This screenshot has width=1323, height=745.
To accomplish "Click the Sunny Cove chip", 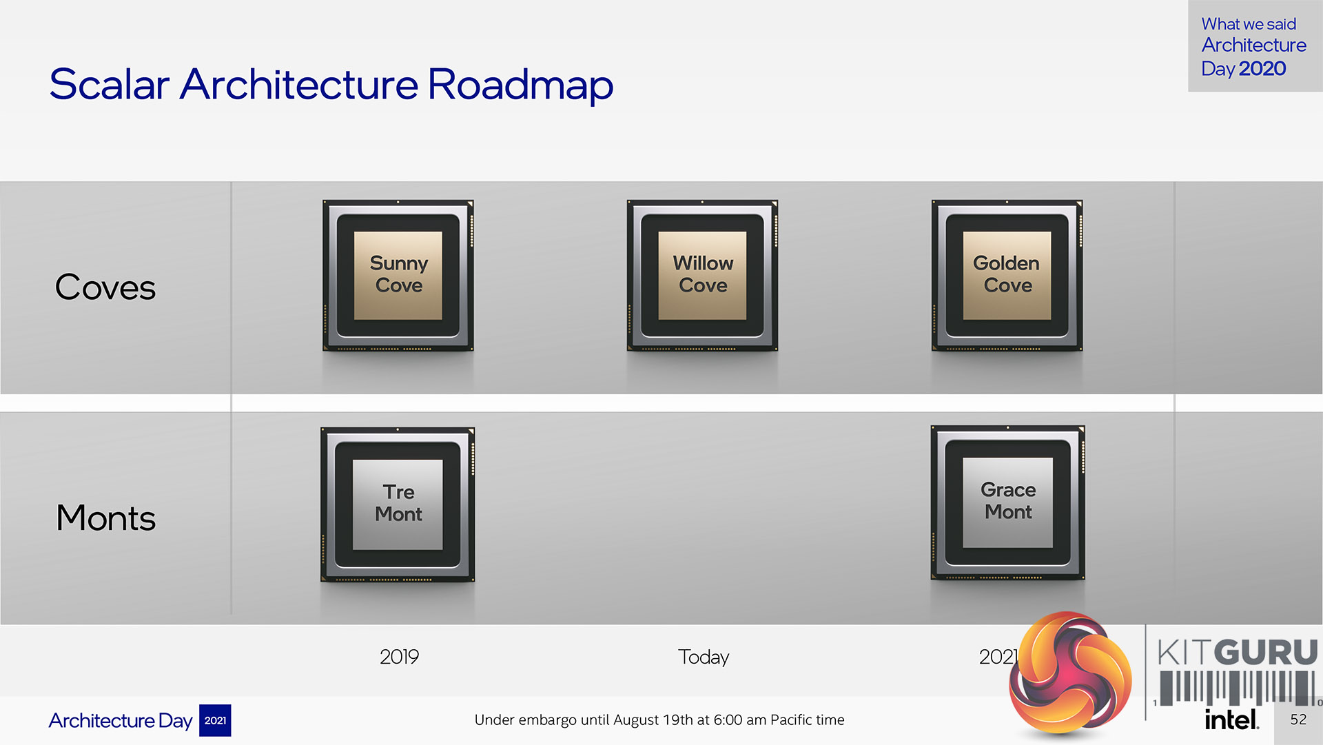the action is (398, 276).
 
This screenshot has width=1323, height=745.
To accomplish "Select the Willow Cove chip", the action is (702, 276).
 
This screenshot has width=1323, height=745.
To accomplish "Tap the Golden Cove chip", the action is (1007, 276).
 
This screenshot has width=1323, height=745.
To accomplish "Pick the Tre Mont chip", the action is (398, 504).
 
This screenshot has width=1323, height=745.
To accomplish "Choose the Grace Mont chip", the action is (1007, 503).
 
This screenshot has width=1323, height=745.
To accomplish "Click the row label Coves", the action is (105, 287).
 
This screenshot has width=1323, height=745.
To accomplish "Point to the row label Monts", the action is (106, 518).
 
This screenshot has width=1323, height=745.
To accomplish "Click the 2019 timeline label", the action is (399, 657).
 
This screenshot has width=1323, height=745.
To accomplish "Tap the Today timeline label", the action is (704, 657).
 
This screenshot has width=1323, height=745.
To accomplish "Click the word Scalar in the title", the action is (110, 85).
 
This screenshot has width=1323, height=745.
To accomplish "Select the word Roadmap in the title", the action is (520, 85).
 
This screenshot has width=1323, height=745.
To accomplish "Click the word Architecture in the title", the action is (299, 85).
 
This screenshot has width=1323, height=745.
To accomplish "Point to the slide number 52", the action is (1298, 720).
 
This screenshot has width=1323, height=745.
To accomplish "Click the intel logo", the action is (1232, 720).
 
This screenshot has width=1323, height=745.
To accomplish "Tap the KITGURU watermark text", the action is (1238, 652).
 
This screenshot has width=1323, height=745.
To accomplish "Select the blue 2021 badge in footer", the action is (215, 720).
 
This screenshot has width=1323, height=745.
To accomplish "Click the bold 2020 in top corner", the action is (1262, 68).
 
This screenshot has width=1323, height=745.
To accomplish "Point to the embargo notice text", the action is (659, 720).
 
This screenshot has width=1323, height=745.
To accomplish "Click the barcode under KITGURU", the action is (1238, 688).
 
